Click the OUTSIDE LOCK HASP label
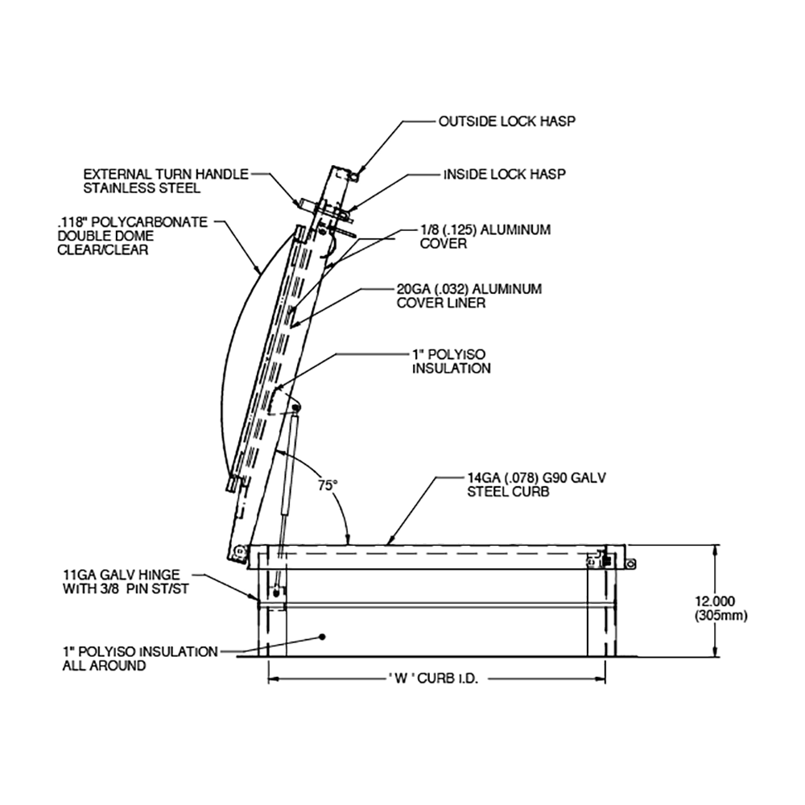506,122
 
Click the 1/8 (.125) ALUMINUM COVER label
485,237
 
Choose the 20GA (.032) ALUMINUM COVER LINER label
469,295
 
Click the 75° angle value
326,485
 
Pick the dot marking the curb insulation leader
322,637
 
